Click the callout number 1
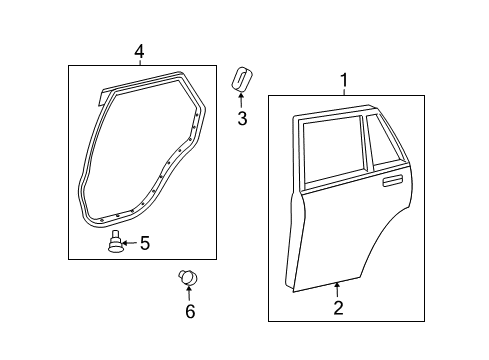click(x=344, y=80)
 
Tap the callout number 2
click(x=338, y=308)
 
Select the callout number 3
click(x=242, y=119)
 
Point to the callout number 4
click(x=139, y=52)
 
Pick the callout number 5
click(x=145, y=243)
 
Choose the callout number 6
click(x=190, y=311)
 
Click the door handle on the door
click(x=393, y=181)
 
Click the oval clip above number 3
click(x=241, y=79)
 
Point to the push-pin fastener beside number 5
click(x=115, y=242)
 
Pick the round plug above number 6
click(x=188, y=277)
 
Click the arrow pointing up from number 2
click(x=337, y=290)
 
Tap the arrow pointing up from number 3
click(x=241, y=100)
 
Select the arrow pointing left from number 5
click(x=130, y=243)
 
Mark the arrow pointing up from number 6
click(x=189, y=293)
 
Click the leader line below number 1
click(x=344, y=91)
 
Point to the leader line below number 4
click(x=140, y=62)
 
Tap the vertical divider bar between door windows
click(x=366, y=143)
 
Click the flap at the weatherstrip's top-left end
click(x=103, y=98)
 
